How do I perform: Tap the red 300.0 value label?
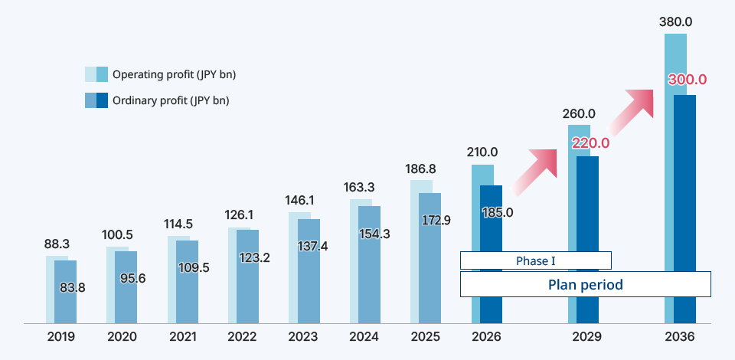point(687,80)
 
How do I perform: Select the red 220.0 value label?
point(590,142)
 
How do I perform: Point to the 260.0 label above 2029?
point(579,113)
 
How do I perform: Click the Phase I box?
point(535,261)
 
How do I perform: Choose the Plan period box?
point(585,284)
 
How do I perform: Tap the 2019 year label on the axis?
point(61,336)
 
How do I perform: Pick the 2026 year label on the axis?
point(486,336)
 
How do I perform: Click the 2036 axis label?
point(679,336)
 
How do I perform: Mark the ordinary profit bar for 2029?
point(587,230)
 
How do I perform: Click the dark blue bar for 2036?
point(684,191)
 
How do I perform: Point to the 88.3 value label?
point(57,244)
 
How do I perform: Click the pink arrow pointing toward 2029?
point(535,170)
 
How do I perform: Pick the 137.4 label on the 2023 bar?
point(313,247)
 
